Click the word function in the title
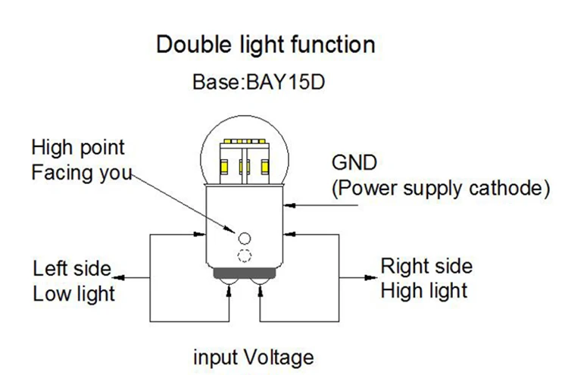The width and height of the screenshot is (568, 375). pos(332,44)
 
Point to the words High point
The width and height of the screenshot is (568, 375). pos(78,147)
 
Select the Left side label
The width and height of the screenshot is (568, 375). pos(71,269)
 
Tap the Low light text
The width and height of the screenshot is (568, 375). pos(73,293)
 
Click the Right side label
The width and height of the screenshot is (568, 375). pos(426,267)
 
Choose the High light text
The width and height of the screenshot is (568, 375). pos(423,290)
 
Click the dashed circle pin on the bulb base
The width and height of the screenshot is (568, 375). pos(245,255)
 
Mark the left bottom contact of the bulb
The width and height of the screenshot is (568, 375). pos(229,283)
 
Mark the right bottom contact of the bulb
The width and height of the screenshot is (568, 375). pos(260,283)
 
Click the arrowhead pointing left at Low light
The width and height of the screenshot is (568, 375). pos(122,279)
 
